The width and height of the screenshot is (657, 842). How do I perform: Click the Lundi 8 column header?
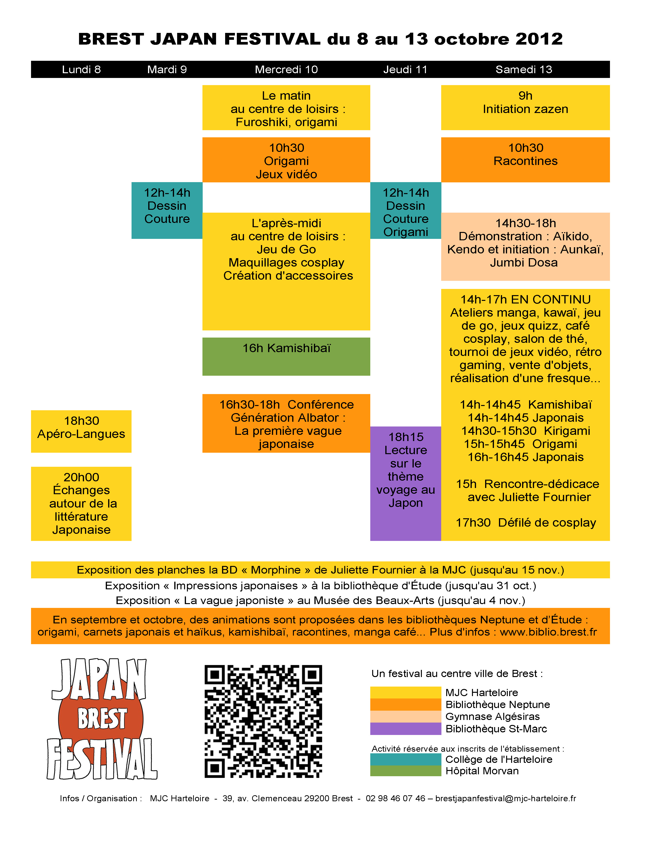81,69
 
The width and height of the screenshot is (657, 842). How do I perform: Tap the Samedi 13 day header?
524,69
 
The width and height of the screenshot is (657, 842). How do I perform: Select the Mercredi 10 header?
286,69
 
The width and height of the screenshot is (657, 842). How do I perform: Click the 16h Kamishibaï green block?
286,357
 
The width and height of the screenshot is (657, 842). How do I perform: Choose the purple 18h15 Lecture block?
406,483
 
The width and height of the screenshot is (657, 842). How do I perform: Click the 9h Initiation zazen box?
525,108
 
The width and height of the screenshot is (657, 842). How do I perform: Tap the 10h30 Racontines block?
525,160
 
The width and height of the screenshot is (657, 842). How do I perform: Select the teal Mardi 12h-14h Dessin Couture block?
167,210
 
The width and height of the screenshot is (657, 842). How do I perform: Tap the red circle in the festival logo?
101,719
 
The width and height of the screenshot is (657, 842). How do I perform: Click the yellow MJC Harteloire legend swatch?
406,693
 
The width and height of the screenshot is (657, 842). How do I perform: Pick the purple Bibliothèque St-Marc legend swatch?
406,729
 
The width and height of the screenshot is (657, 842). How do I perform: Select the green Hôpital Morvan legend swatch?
406,771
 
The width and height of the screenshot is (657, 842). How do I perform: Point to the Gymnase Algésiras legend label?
493,716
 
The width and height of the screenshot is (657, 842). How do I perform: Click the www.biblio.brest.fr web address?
549,632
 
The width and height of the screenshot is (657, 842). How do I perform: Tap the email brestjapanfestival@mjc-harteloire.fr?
506,798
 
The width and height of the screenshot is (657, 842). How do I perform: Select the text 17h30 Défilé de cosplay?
526,523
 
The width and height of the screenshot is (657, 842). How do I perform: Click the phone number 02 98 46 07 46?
395,798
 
